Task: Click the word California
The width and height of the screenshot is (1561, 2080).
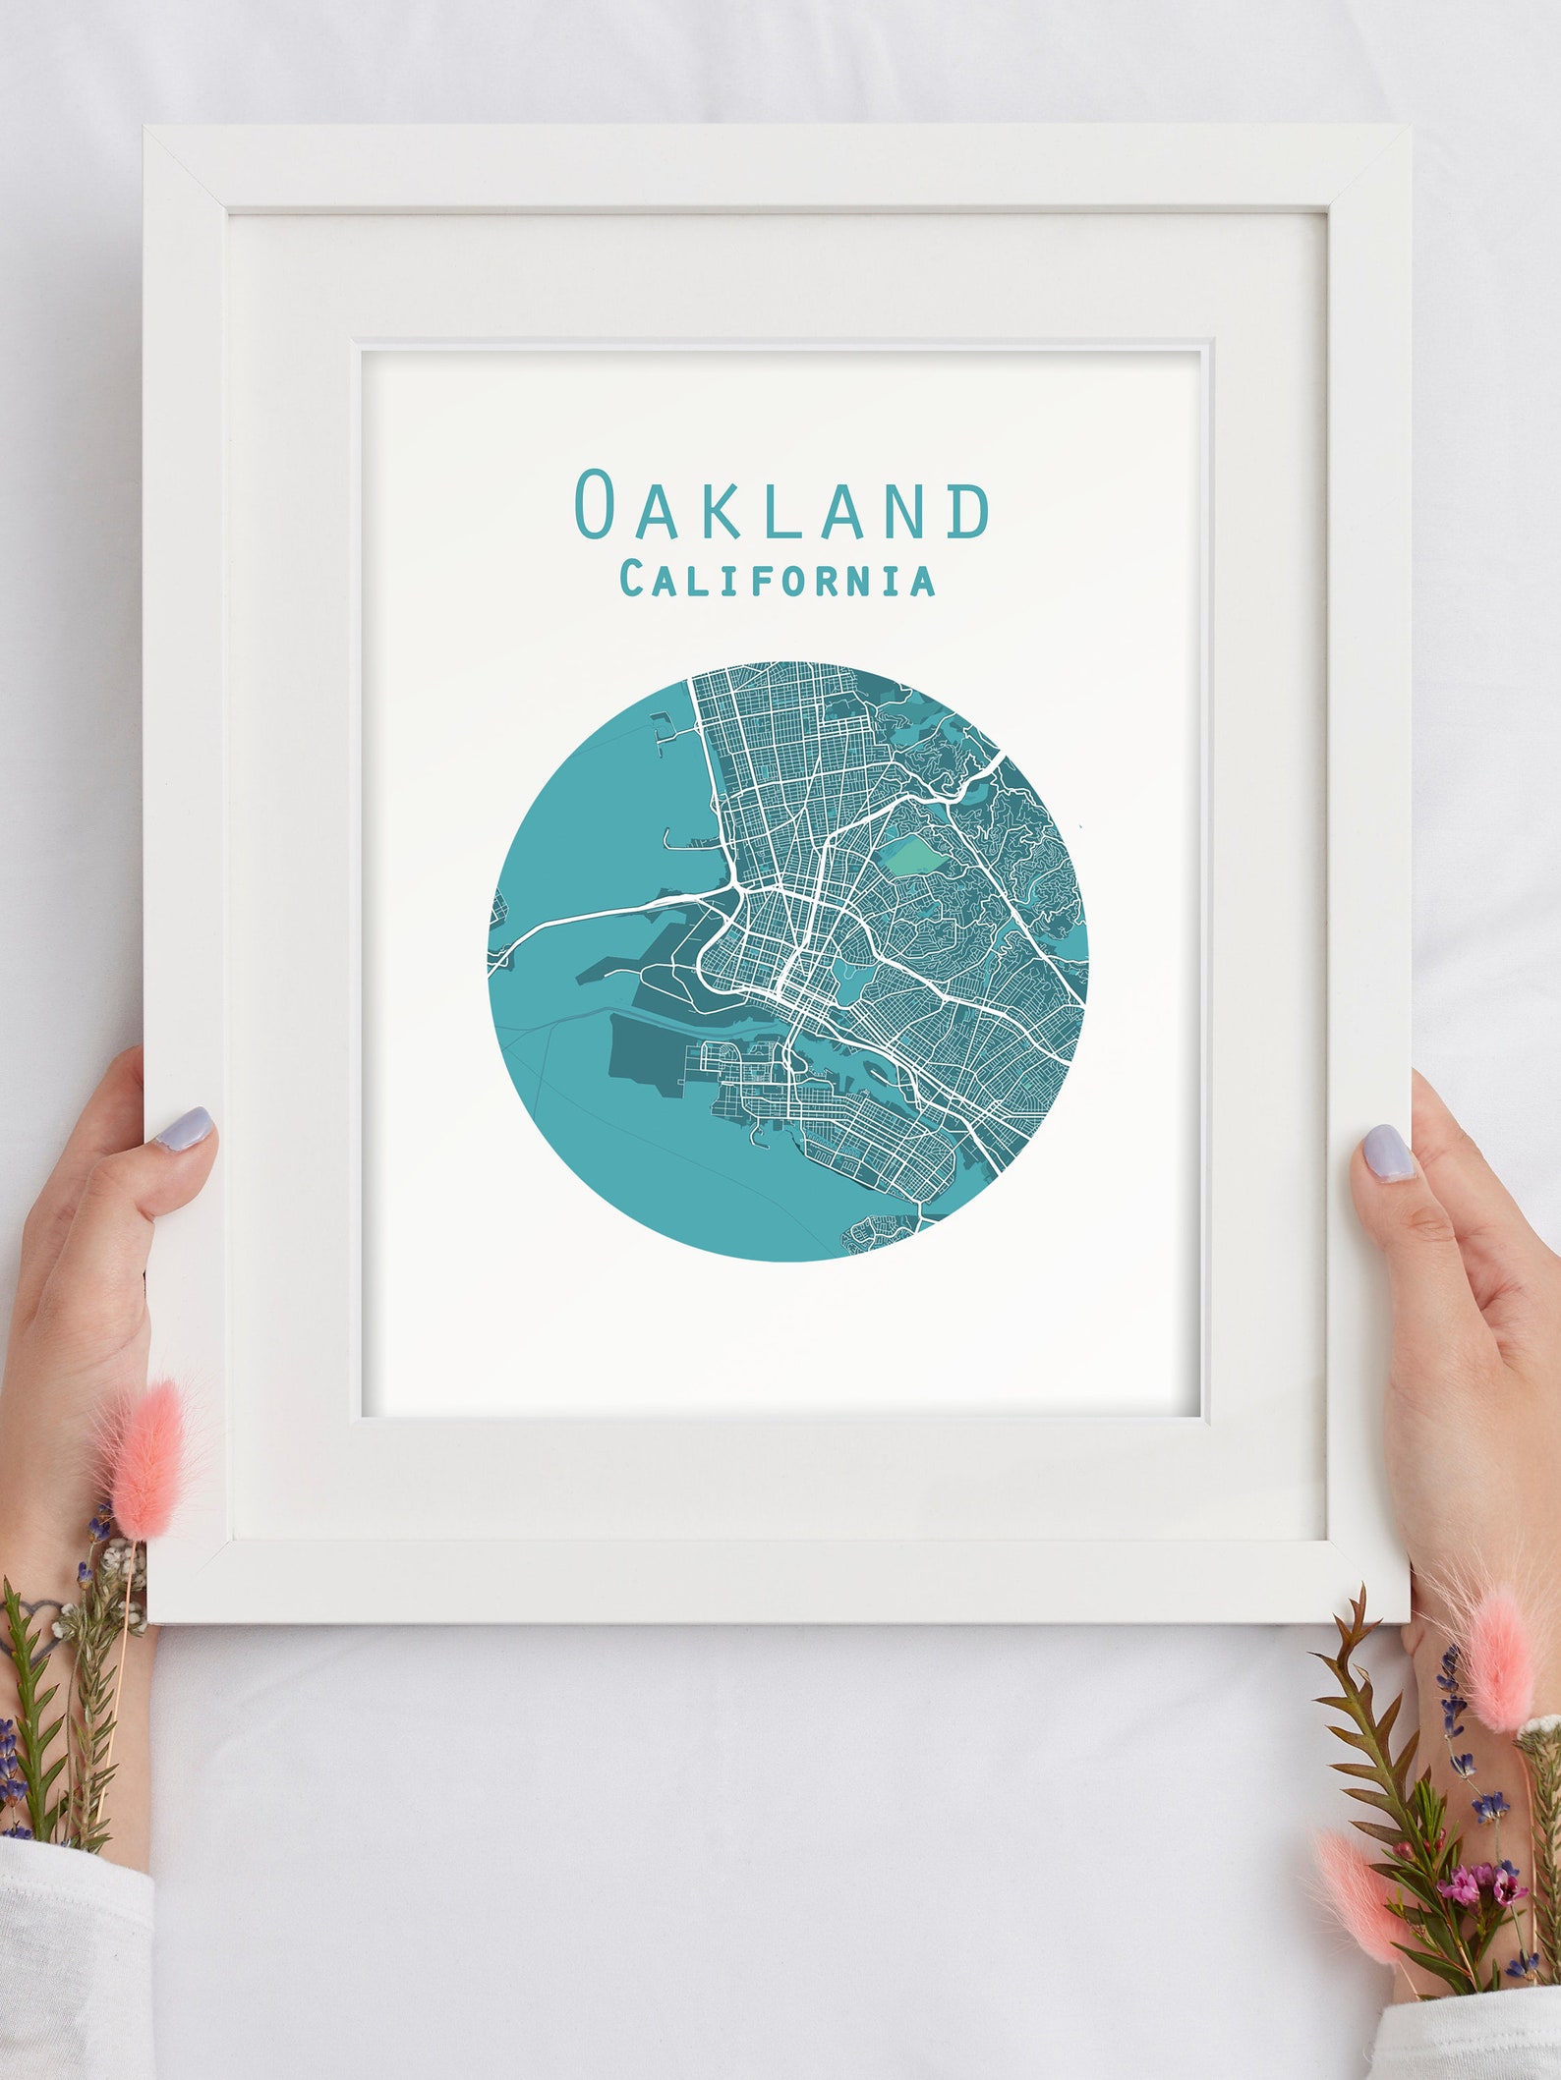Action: point(777,579)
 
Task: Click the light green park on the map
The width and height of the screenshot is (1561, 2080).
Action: point(915,855)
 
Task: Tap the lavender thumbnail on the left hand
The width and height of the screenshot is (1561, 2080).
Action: point(185,1129)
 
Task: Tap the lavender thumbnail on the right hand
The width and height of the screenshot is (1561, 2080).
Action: point(1388,1152)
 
